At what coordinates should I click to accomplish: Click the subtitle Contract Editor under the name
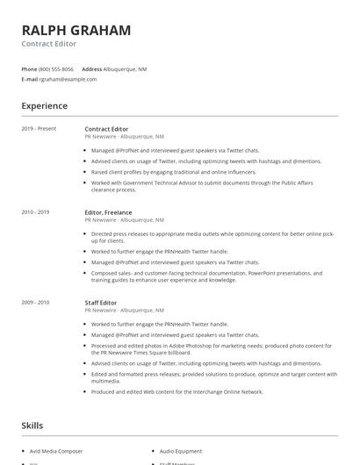coord(48,44)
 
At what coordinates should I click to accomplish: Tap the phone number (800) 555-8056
coord(56,68)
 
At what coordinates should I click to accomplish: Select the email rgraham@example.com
coord(68,79)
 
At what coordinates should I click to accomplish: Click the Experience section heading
coord(44,106)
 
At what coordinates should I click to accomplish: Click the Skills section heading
coord(32,426)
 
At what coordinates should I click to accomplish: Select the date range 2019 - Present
coord(38,129)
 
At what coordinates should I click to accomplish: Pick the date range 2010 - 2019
coord(36,212)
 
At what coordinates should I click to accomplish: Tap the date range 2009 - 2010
coord(36,303)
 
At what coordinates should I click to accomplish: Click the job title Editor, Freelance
coord(108,212)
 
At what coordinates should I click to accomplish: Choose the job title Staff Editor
coord(101,303)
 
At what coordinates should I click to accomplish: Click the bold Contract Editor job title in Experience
coord(106,129)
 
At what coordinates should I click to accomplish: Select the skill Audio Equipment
coord(181,451)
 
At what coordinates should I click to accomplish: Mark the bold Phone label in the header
coord(29,68)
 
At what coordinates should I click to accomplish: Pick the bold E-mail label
coord(29,79)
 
